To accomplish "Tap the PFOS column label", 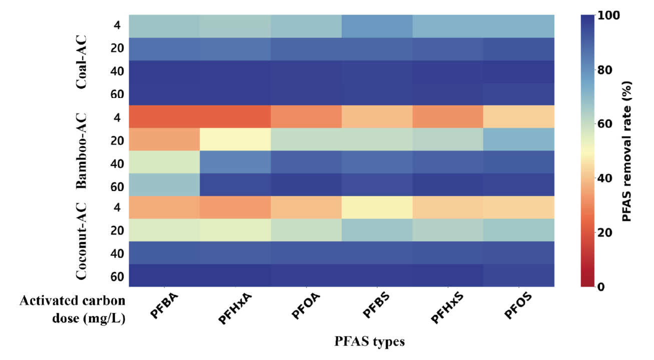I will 518,306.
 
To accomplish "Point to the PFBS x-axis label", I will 377,306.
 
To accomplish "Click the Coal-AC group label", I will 81,61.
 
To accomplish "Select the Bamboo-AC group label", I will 81,150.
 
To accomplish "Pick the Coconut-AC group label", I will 81,241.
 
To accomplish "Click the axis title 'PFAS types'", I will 369,342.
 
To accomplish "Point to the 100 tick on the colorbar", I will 606,15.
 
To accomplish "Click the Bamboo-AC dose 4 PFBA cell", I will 164,116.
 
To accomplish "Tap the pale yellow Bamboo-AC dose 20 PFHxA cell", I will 235,139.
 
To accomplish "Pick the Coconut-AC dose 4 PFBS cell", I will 377,207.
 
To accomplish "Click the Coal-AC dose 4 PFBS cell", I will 377,26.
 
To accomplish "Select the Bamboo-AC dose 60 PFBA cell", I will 164,184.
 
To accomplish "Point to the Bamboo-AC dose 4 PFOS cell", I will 518,116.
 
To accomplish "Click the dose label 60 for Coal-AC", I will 117,94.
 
